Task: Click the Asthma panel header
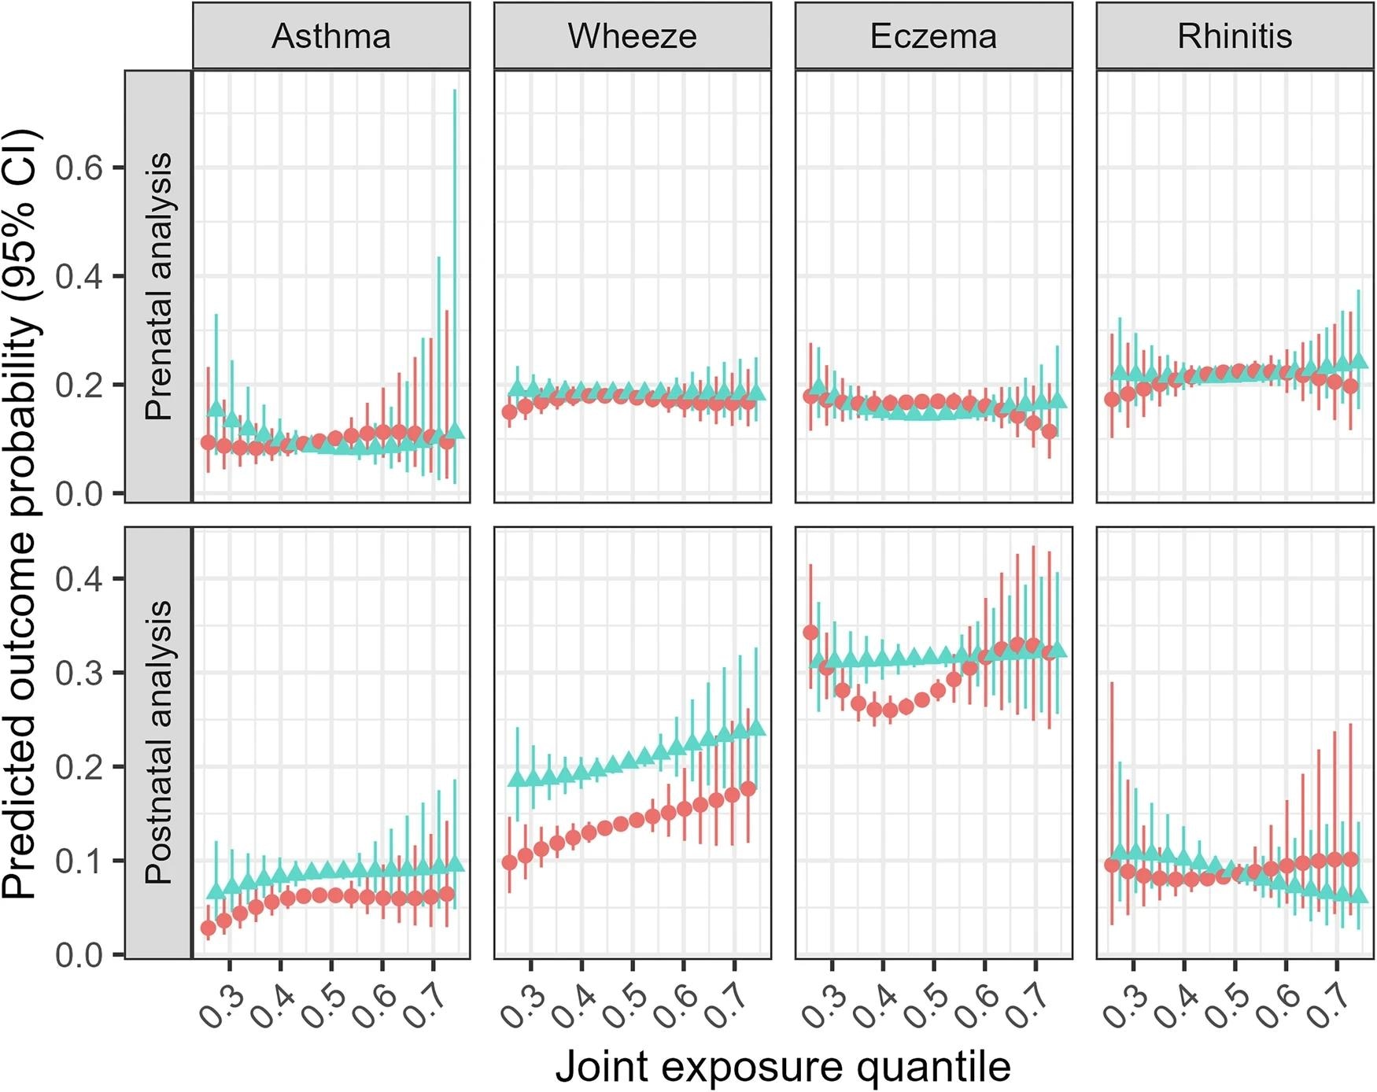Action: (331, 36)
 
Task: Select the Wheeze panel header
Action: (633, 36)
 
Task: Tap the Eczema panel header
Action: (933, 36)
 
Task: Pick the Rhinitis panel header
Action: (1235, 36)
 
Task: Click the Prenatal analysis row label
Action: (159, 286)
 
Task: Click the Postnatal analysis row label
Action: (159, 743)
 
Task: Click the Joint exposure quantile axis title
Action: (783, 1068)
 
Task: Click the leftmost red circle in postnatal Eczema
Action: (810, 633)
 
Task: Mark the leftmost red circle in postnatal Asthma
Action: (209, 928)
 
